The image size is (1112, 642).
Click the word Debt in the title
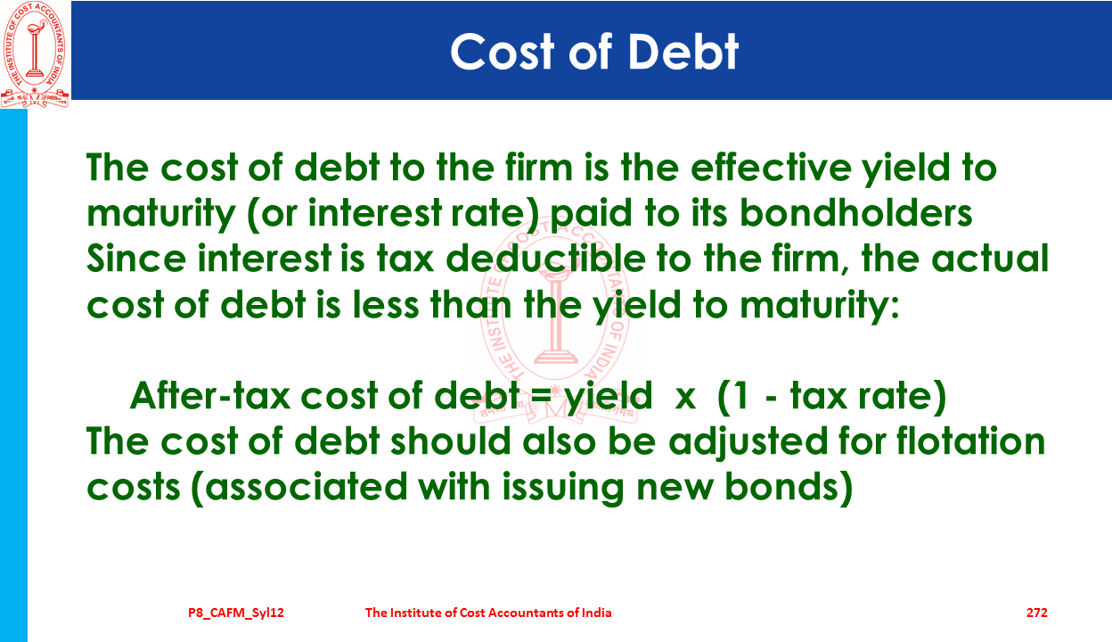click(x=683, y=52)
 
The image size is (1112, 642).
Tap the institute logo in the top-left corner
click(x=34, y=54)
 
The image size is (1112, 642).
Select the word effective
click(x=771, y=167)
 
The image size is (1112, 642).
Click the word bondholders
click(x=855, y=213)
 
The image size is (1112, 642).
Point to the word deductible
click(x=545, y=259)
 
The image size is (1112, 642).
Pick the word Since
click(x=136, y=259)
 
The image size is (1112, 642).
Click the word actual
click(x=990, y=259)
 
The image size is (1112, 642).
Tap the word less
click(x=386, y=304)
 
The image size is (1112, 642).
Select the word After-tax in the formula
click(x=210, y=396)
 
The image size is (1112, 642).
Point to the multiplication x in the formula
click(x=685, y=398)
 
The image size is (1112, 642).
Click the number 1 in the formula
click(x=740, y=396)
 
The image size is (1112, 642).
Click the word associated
click(x=307, y=487)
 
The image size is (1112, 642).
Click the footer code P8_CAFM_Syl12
click(x=236, y=613)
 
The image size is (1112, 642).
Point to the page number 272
click(x=1036, y=613)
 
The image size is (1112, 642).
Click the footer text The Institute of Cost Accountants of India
click(x=488, y=613)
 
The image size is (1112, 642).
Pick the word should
click(x=451, y=440)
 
